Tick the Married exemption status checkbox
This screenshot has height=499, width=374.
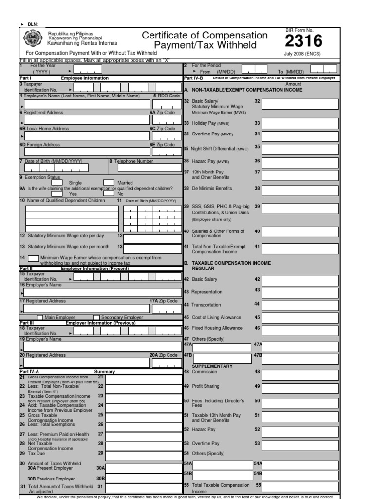point(109,183)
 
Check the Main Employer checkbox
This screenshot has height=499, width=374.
point(40,317)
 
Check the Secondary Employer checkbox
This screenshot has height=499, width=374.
point(96,317)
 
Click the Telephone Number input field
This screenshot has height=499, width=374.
point(146,168)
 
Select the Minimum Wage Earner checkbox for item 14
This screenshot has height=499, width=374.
point(34,258)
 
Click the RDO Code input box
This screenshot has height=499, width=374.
point(166,104)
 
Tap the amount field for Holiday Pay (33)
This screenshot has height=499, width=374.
point(299,124)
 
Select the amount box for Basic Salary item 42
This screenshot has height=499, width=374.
point(299,280)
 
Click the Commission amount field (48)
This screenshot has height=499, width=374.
point(299,375)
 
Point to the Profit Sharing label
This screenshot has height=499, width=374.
point(206,386)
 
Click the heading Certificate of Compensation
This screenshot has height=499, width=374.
point(204,36)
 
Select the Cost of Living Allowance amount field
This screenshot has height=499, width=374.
point(299,318)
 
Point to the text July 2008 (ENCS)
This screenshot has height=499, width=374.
point(302,54)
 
